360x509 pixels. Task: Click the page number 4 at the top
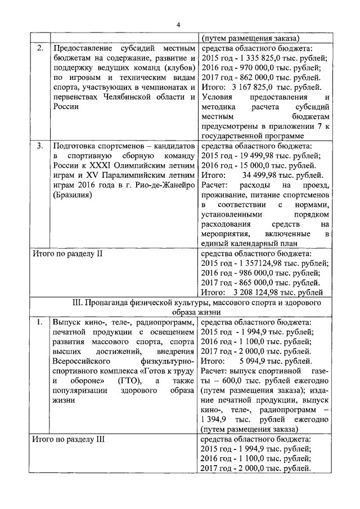tap(178, 24)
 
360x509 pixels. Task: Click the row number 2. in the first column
tap(39, 48)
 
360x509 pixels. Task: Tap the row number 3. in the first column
tap(39, 146)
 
